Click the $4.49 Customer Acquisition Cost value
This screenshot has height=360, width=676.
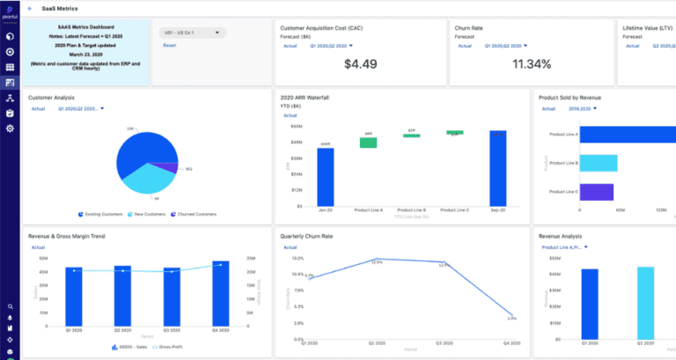pos(359,63)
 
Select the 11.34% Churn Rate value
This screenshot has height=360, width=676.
pos(531,63)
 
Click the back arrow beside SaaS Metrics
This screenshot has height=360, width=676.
pos(31,8)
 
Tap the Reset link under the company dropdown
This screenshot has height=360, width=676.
pos(169,45)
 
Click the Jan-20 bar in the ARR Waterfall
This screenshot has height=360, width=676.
pos(300,176)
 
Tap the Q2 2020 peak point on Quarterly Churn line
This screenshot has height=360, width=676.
pos(376,261)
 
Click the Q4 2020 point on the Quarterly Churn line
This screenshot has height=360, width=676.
pos(511,315)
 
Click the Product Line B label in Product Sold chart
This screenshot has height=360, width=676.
pos(563,163)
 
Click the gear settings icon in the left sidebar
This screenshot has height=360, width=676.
pos(10,129)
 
